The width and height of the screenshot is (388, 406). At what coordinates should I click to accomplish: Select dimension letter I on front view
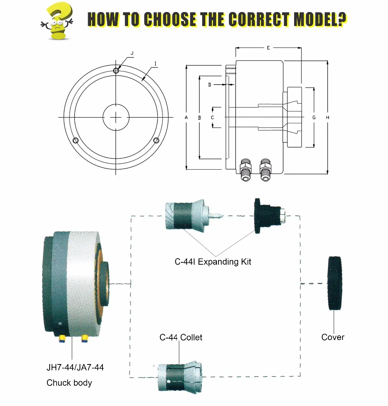click(155, 63)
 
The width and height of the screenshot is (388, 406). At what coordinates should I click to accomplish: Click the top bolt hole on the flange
click(116, 70)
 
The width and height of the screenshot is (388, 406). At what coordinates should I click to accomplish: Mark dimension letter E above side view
click(268, 48)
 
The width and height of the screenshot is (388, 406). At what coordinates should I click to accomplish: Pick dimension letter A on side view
click(186, 117)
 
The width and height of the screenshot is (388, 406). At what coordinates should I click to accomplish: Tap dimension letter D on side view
click(210, 84)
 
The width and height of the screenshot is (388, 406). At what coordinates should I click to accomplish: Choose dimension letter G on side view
click(314, 117)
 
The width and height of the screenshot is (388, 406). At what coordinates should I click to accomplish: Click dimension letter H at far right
click(328, 117)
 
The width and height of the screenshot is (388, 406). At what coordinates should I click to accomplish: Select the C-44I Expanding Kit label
click(213, 262)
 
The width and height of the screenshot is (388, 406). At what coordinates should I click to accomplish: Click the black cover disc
click(334, 283)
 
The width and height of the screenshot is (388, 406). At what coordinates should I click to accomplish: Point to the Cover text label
click(333, 337)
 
